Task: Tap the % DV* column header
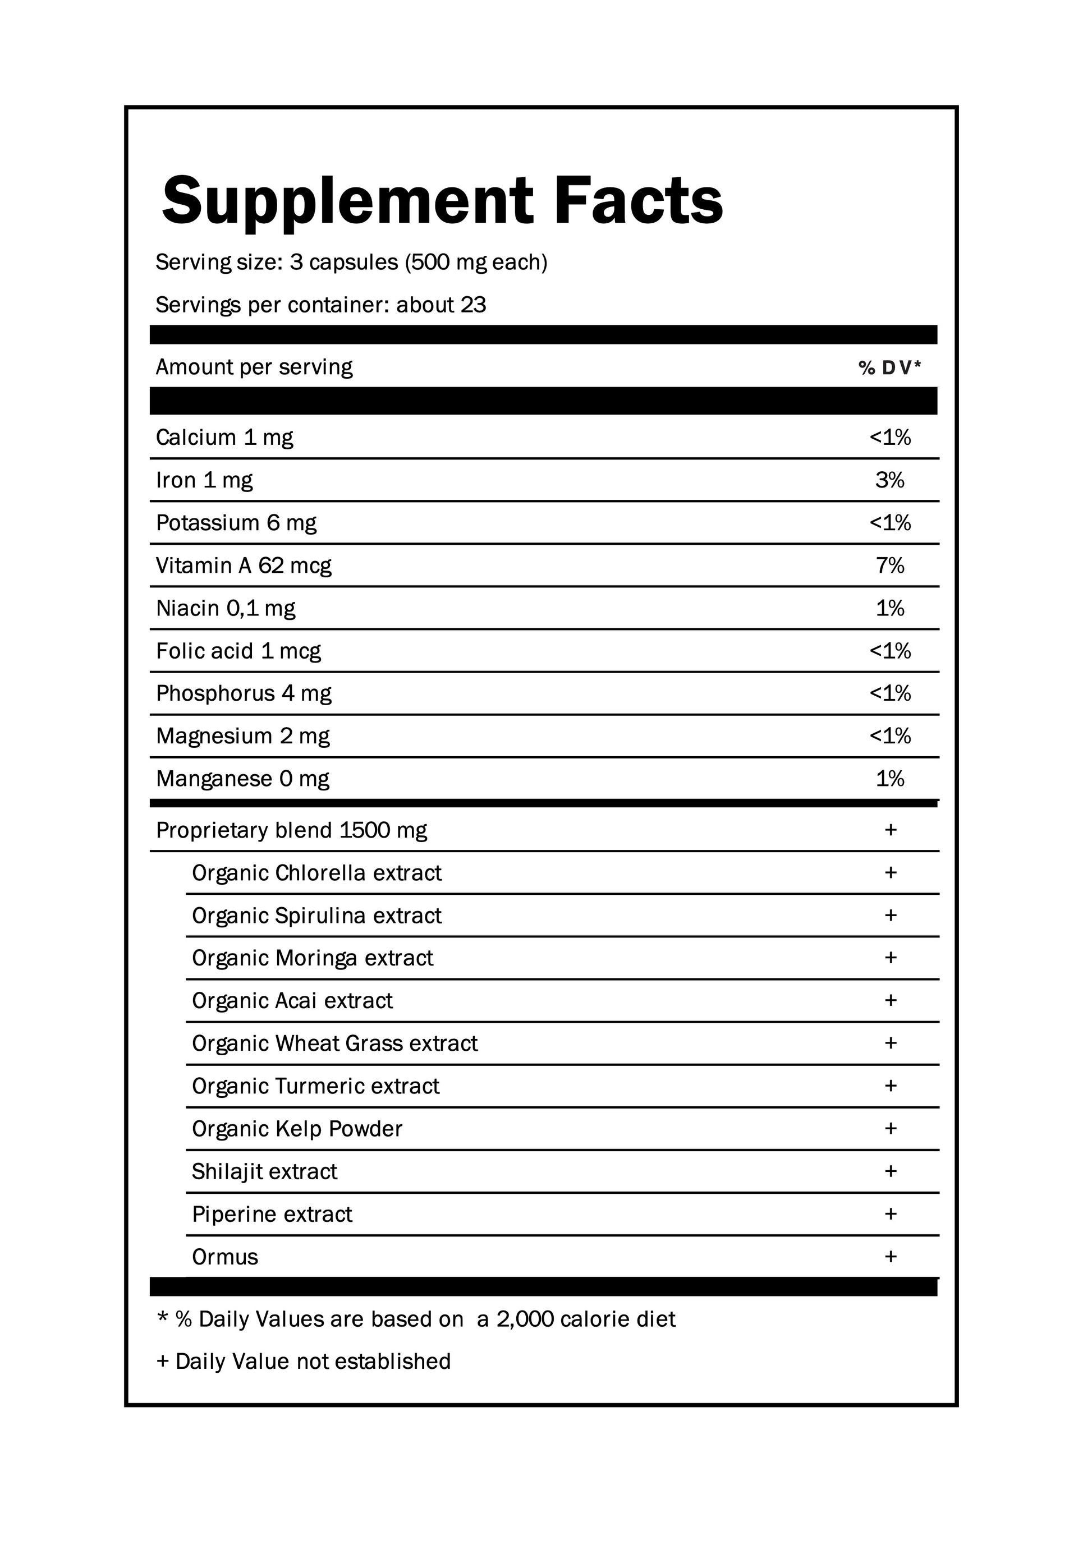[889, 367]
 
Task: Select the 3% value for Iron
[889, 480]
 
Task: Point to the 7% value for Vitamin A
[889, 565]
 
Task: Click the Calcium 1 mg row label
[224, 438]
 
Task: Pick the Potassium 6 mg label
[236, 523]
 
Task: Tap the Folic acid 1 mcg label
[238, 651]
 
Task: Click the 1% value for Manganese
[889, 779]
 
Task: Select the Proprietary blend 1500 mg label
[291, 830]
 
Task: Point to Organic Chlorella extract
[316, 873]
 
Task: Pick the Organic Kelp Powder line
[297, 1129]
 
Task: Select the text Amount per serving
[254, 367]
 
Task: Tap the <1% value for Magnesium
[889, 735]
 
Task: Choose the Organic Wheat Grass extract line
[334, 1043]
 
